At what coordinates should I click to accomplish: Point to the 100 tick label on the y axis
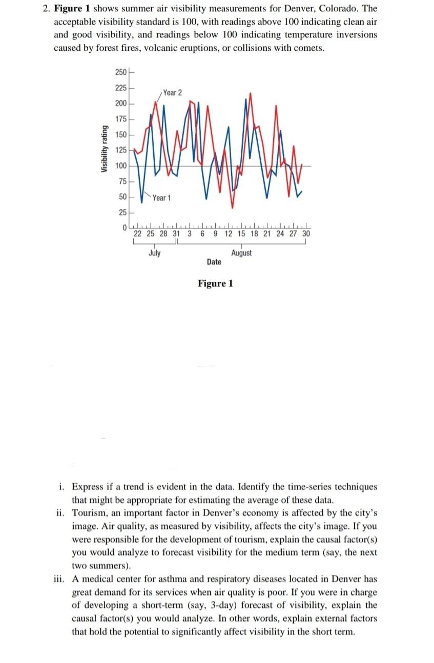[x=121, y=165]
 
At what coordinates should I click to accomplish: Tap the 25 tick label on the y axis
[x=122, y=212]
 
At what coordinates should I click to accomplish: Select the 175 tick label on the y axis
[x=121, y=119]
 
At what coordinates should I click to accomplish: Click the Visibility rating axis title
[x=105, y=149]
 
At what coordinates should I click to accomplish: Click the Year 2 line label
[x=172, y=93]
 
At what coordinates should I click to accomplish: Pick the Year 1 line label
[x=162, y=198]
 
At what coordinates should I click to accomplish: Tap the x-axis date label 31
[x=176, y=234]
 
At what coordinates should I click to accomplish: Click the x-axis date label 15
[x=241, y=234]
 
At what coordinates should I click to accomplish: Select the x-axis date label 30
[x=306, y=234]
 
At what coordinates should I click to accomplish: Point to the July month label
[x=154, y=253]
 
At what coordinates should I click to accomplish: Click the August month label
[x=241, y=253]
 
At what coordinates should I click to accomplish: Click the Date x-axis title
[x=214, y=262]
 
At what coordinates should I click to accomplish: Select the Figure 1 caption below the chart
[x=215, y=283]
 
